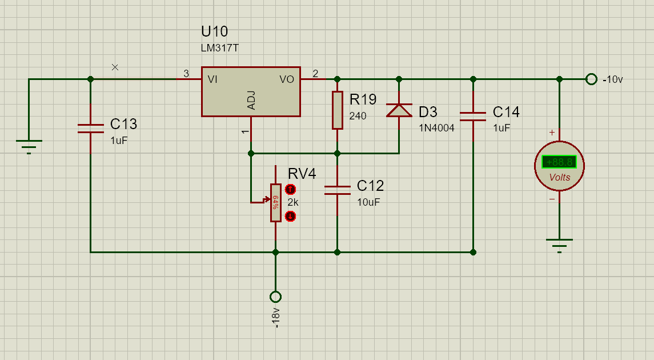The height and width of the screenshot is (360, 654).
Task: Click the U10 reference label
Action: (x=214, y=31)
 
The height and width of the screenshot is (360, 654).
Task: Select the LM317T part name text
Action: (x=219, y=49)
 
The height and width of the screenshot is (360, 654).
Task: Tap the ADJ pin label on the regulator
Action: (x=251, y=100)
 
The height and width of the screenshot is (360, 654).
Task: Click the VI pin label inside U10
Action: (x=213, y=79)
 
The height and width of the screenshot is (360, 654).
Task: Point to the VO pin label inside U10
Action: (x=287, y=79)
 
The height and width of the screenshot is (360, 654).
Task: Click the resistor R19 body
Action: (x=338, y=110)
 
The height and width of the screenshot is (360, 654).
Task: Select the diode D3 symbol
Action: (x=399, y=110)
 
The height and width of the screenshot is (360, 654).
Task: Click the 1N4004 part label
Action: (x=436, y=128)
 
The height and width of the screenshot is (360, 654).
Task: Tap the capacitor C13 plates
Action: (x=90, y=129)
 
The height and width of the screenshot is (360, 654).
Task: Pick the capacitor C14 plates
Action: (x=473, y=117)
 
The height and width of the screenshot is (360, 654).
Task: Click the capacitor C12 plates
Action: (x=337, y=190)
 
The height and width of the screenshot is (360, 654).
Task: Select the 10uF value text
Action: (x=368, y=202)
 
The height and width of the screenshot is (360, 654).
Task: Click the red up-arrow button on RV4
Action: (x=290, y=189)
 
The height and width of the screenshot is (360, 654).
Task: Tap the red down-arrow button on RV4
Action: (x=290, y=216)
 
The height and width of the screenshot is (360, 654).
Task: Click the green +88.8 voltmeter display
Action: (x=559, y=162)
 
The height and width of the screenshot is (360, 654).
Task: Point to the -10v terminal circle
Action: (x=591, y=79)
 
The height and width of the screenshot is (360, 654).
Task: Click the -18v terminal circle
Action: (x=275, y=297)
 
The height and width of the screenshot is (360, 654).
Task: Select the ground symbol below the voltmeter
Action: (x=559, y=245)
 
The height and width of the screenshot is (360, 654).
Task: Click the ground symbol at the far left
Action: (x=29, y=146)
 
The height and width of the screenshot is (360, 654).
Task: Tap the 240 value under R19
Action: (x=358, y=116)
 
